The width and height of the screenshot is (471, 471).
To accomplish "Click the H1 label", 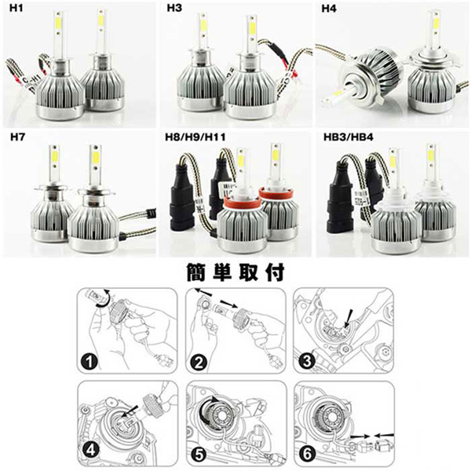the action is (16, 8).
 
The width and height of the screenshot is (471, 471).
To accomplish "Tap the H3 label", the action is (174, 8).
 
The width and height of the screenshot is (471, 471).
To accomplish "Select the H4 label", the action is (329, 9).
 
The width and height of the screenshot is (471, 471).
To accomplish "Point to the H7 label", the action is (18, 137).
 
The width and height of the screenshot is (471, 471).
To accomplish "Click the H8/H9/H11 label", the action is (195, 137).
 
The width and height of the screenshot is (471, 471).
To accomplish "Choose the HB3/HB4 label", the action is (349, 137).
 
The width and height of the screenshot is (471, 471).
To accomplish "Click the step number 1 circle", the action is (89, 361).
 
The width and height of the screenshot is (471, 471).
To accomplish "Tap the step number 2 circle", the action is (199, 362).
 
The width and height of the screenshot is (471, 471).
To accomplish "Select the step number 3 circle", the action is (307, 361).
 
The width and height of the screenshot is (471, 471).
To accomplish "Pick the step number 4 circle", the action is (90, 451).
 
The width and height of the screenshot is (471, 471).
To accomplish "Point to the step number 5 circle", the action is (199, 455).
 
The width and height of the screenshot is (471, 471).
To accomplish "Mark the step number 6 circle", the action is (307, 454).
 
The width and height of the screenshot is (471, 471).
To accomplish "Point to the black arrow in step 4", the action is (130, 411).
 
